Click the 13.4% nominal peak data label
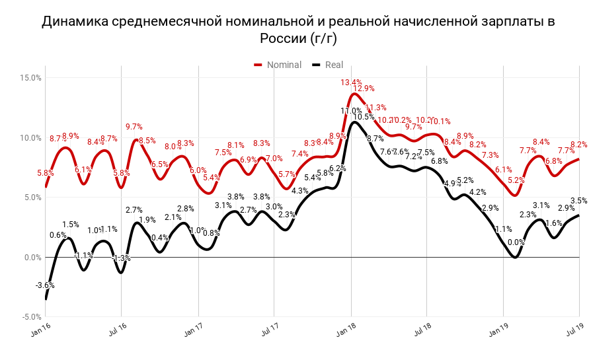[351, 83]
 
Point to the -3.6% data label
[45, 285]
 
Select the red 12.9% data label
[364, 89]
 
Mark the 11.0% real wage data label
[351, 111]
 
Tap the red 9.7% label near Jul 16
[134, 127]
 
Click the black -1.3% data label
[122, 258]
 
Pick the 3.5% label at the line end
[578, 201]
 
